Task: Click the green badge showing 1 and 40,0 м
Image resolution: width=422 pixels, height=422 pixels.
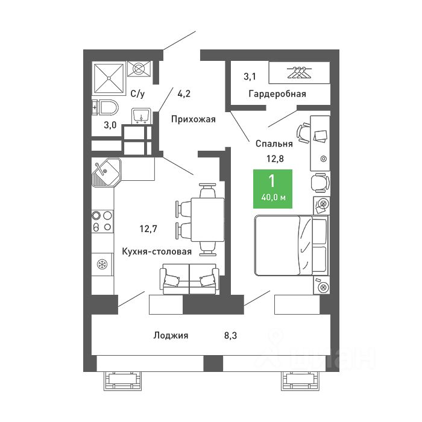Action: point(272,189)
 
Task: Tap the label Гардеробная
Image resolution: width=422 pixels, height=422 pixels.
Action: point(277,94)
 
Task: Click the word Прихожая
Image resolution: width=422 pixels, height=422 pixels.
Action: point(193,119)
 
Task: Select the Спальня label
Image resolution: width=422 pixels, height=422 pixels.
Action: point(274,143)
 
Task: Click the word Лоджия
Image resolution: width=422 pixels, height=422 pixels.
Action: point(171,336)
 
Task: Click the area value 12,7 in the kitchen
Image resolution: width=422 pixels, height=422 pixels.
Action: point(149,228)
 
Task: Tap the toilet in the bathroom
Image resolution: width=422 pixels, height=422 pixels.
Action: point(105,109)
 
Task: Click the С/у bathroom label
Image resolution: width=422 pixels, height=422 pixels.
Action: point(137,94)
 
